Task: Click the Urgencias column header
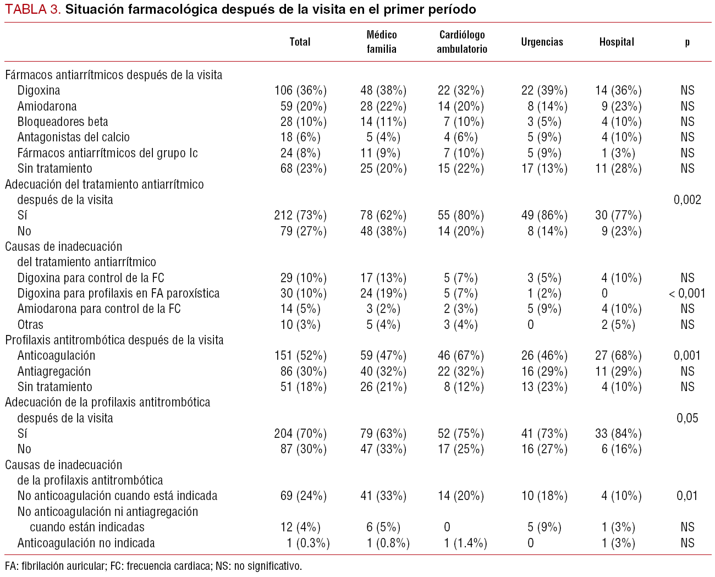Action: tap(542, 42)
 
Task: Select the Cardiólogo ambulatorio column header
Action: tap(462, 42)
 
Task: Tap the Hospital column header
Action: tap(617, 42)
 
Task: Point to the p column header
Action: tap(687, 42)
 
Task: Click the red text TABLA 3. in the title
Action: tap(33, 9)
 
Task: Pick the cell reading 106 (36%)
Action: tap(300, 90)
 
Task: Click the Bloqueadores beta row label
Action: tap(63, 122)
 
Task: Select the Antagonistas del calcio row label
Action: tap(74, 137)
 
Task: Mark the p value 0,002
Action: tap(687, 200)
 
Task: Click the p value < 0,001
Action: tap(687, 293)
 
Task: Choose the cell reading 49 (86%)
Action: tap(544, 215)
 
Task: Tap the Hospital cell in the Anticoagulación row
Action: tap(618, 355)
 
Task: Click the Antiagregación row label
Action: tap(54, 371)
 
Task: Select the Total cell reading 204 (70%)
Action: tap(300, 433)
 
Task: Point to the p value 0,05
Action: tap(687, 418)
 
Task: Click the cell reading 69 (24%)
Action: tap(303, 496)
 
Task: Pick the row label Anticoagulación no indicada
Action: tap(86, 543)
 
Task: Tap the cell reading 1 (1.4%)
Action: tap(465, 543)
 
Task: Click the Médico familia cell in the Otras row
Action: tap(383, 325)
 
